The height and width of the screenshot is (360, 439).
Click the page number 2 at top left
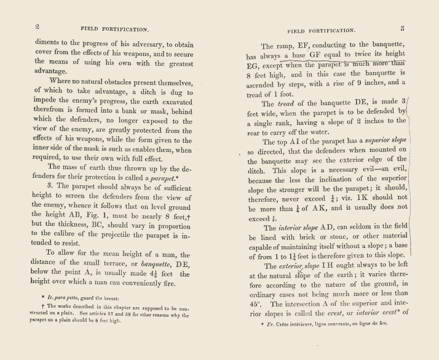(x=37, y=26)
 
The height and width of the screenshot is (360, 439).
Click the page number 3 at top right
(x=401, y=28)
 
